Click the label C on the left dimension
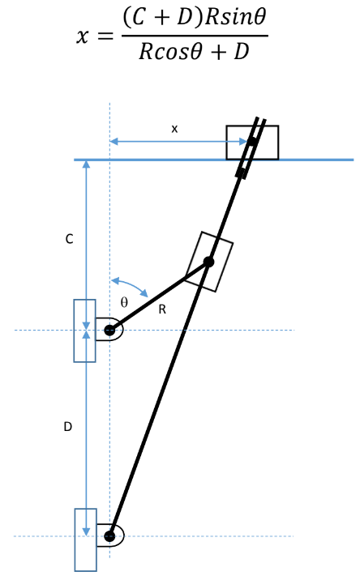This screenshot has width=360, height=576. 69,240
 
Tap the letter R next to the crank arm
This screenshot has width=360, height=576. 162,309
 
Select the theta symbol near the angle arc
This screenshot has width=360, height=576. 124,301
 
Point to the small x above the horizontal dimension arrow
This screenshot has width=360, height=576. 174,129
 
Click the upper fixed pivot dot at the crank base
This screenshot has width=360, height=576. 109,330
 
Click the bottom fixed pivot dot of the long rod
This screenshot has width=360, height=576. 109,535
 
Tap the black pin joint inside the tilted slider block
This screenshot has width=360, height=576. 208,262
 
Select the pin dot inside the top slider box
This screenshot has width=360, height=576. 252,143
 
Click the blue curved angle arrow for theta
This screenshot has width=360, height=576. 131,284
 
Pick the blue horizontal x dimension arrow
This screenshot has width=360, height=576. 178,142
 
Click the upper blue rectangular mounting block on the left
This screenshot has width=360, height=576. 84,331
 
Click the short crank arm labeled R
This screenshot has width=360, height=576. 159,296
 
